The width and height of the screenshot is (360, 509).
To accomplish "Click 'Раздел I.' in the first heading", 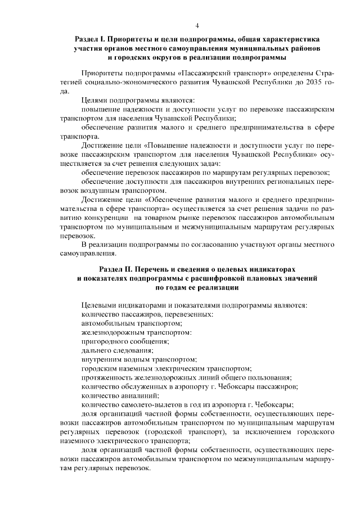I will (92, 40).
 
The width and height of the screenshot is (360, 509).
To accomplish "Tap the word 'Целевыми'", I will (97, 305).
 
